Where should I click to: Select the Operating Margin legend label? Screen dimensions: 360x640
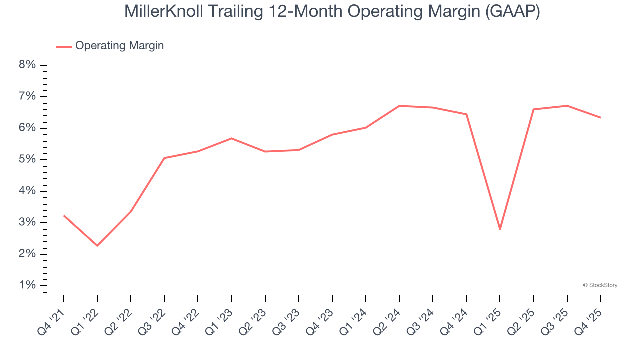119,46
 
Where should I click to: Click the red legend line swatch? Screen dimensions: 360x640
64,46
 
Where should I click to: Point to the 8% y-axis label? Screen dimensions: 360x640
27,65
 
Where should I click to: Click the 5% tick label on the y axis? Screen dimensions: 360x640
27,159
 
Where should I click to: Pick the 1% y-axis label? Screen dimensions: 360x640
27,285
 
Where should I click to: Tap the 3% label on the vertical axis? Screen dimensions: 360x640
27,222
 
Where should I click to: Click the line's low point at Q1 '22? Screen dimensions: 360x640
97,246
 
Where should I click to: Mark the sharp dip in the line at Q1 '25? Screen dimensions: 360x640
500,229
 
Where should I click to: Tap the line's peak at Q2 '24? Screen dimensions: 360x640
399,106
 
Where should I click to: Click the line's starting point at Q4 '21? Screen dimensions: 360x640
64,215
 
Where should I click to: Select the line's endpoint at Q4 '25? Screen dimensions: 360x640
600,118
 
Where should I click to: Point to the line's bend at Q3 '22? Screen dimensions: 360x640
164,158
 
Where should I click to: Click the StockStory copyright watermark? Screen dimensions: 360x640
600,285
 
